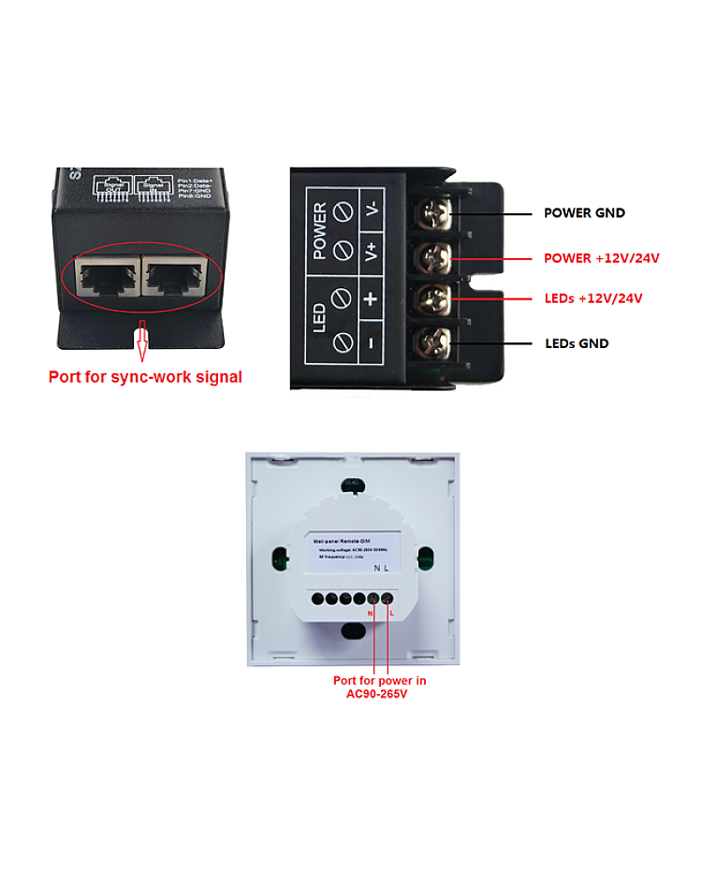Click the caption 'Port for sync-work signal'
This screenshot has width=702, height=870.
tap(145, 378)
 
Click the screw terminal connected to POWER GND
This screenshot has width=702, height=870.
tap(432, 214)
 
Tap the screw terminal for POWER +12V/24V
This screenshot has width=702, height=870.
tap(432, 256)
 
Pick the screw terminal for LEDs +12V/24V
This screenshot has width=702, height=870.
tap(432, 298)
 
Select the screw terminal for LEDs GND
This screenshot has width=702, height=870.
tap(432, 341)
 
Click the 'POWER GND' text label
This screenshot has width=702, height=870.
tap(584, 213)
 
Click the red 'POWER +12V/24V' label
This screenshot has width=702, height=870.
tap(602, 258)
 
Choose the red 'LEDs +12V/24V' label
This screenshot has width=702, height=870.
tap(593, 299)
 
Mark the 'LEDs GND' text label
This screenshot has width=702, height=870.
tap(577, 343)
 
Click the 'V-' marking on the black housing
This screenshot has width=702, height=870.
tap(372, 208)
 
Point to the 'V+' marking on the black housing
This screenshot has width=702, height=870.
tap(372, 252)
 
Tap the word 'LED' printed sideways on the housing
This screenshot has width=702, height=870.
tap(319, 318)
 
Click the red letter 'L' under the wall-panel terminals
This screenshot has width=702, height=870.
tap(391, 613)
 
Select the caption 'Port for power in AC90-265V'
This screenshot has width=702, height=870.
tap(379, 687)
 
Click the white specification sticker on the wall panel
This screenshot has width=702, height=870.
tap(353, 553)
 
